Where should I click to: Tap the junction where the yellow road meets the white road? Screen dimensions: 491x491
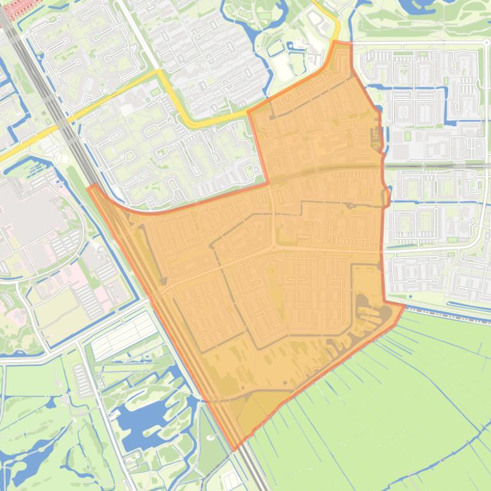pyautogui.click(x=158, y=72)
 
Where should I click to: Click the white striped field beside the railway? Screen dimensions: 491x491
pyautogui.click(x=125, y=335)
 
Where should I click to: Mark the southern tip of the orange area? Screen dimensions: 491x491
pyautogui.click(x=234, y=449)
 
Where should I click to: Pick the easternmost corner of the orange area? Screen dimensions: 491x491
pyautogui.click(x=404, y=306)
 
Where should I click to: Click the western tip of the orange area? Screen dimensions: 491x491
pyautogui.click(x=89, y=187)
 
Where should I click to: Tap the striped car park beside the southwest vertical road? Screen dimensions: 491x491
pyautogui.click(x=83, y=379)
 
